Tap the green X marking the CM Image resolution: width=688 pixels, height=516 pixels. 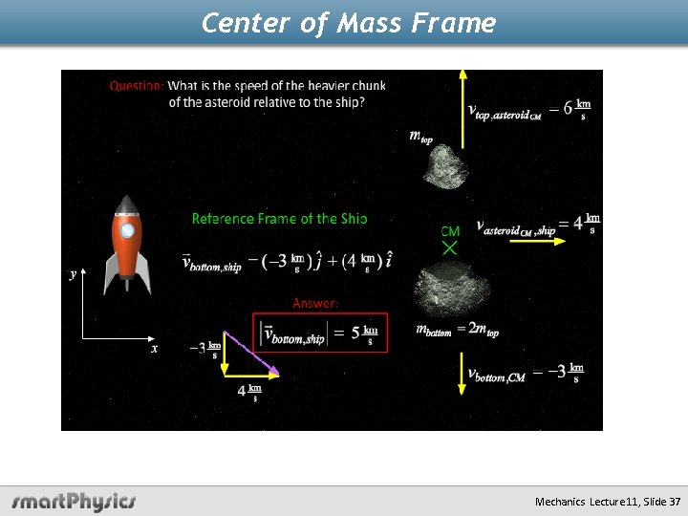tap(450, 247)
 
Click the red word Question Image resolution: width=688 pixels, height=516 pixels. tap(137, 86)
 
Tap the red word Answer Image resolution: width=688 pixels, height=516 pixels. tap(315, 303)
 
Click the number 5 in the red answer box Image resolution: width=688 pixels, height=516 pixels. tap(355, 333)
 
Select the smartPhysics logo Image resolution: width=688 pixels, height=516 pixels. tap(74, 501)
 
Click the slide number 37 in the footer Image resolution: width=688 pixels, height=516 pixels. tap(676, 502)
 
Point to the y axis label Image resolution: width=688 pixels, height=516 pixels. tap(73, 274)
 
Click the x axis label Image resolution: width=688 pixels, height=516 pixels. tap(155, 349)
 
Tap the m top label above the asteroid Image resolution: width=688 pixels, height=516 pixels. tap(420, 136)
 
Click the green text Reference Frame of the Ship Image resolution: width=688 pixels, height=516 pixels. tap(279, 219)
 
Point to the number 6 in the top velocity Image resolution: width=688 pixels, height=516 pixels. tap(568, 108)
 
